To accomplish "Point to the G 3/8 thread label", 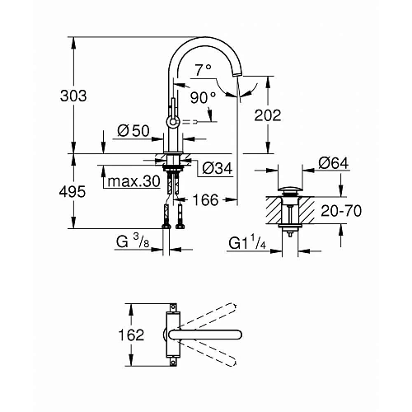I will (134, 242).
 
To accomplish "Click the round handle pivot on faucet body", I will (173, 122).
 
